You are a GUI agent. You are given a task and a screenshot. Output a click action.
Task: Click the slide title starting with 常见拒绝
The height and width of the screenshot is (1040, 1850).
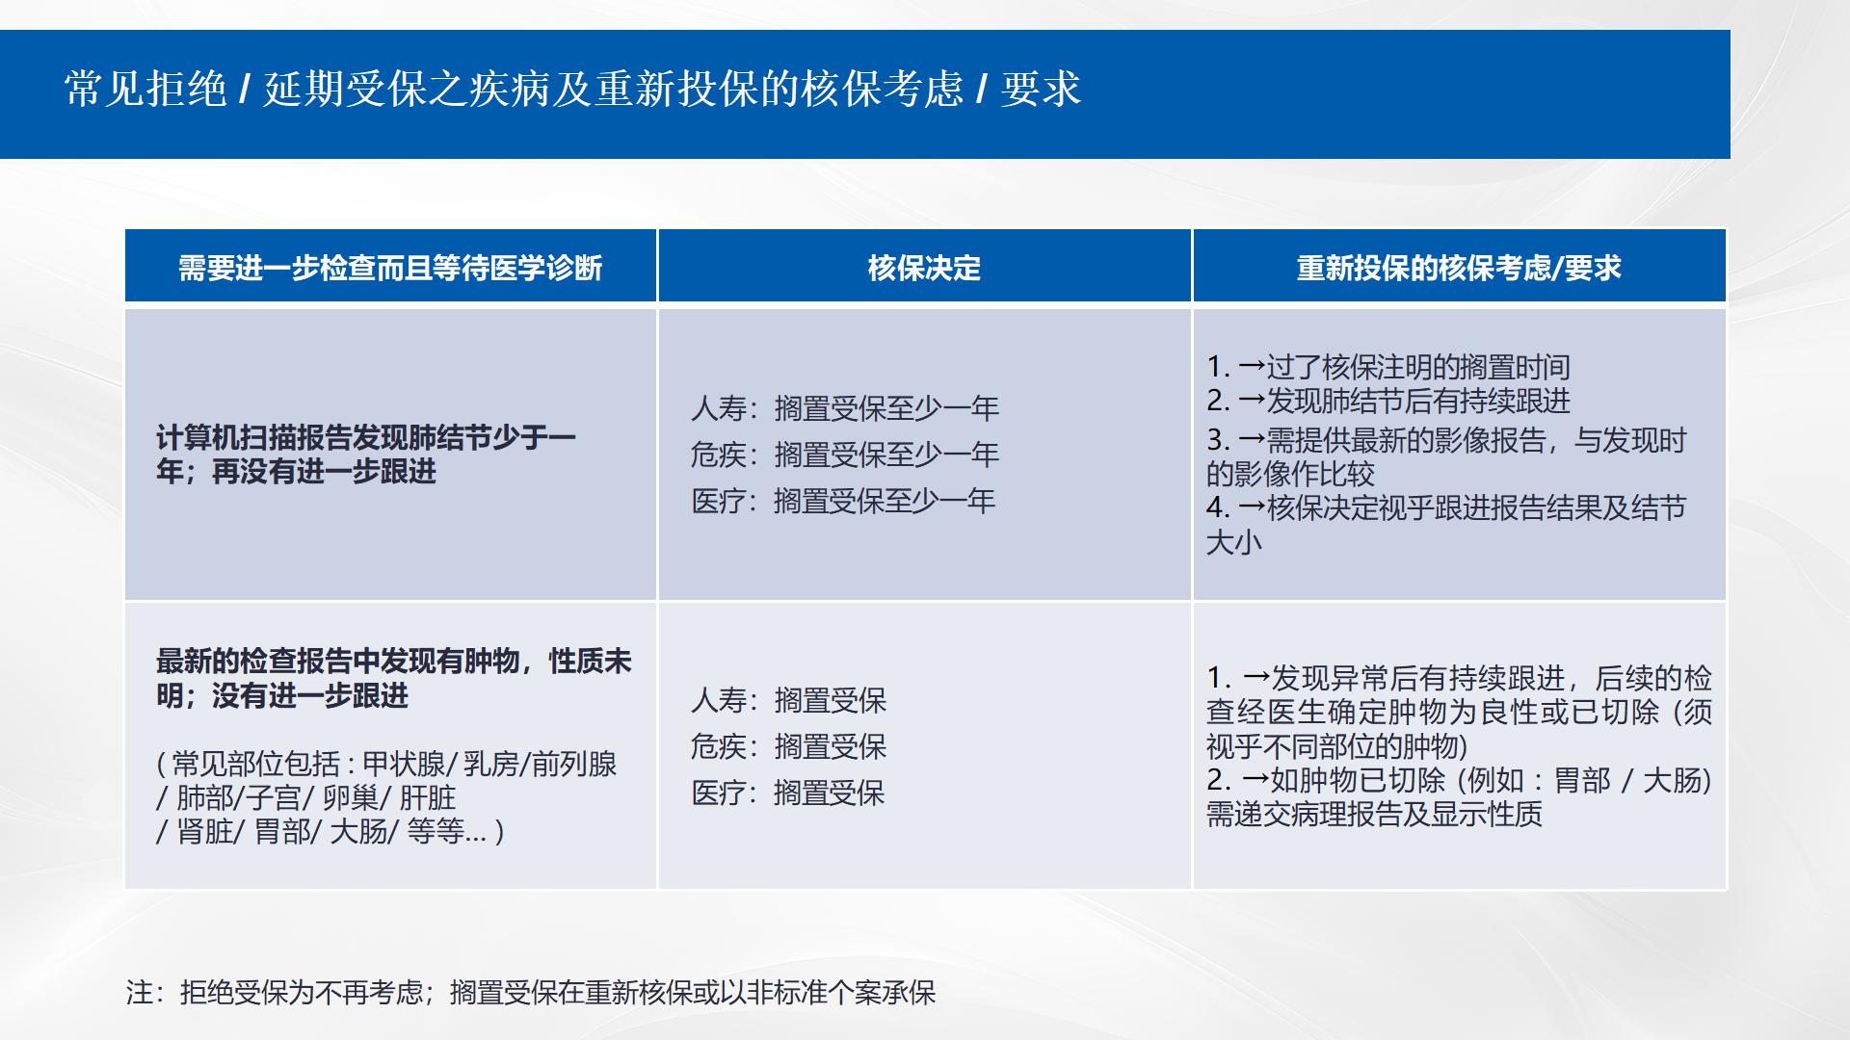tap(572, 90)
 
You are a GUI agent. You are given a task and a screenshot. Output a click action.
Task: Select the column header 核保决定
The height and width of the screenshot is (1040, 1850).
tap(924, 268)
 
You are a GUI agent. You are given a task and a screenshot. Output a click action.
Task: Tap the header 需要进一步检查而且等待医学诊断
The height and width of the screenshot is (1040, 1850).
tap(390, 268)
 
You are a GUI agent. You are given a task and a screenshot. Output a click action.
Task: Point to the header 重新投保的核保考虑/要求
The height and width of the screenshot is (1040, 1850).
tap(1459, 268)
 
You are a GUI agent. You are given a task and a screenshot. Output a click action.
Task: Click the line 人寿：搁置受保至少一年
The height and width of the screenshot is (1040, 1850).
tap(845, 408)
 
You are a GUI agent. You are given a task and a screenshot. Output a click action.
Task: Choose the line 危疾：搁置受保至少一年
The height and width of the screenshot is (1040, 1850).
tap(845, 455)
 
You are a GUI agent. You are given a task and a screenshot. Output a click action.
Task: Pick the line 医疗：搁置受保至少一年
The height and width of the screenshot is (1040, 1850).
tap(843, 501)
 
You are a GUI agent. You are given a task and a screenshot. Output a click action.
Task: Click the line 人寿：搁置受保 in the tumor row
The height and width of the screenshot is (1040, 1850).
tap(788, 700)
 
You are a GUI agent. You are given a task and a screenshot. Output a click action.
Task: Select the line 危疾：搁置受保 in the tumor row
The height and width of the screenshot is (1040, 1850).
tap(788, 746)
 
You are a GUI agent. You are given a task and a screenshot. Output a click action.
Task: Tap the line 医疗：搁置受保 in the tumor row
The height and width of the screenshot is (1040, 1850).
tap(788, 793)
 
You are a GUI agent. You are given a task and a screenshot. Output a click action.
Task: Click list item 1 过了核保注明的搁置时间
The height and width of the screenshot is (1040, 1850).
tap(1388, 367)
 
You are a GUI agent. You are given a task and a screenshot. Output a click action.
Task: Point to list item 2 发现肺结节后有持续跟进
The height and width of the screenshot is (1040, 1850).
tap(1388, 401)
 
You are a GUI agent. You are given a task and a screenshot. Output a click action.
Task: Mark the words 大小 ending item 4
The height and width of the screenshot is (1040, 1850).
tap(1234, 542)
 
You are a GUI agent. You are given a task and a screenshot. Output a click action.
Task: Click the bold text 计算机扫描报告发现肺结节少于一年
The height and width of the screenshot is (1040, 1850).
tap(366, 454)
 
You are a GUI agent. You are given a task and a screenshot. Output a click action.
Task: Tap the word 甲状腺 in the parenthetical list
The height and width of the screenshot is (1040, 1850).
tap(404, 765)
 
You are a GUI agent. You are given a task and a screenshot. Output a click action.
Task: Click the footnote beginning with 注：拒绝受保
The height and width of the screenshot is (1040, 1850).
tap(531, 993)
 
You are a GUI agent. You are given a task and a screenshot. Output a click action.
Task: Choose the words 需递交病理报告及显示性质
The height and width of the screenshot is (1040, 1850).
tap(1374, 815)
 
